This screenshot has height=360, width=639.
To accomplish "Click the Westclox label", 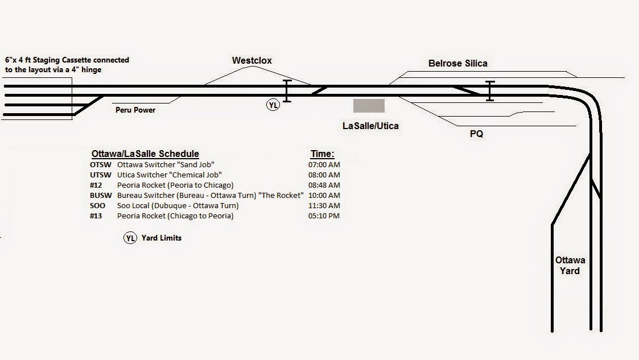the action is pos(252,60).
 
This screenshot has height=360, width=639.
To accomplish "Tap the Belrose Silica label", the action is pos(457,63).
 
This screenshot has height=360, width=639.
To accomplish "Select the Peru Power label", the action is pos(135,110).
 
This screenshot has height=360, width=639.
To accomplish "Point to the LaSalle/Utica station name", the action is pos(370,126).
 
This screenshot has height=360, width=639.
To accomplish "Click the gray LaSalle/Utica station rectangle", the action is pos(369,106).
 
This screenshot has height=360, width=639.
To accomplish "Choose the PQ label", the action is pos(476,135).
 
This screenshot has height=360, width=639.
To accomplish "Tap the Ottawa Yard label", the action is pos(570,266).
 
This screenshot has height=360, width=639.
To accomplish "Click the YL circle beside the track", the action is pos(273,105).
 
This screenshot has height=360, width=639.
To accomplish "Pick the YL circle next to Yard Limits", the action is pos(130,238).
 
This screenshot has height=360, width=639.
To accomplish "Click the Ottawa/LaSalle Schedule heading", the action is pos(145,154).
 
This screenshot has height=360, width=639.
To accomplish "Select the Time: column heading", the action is pos(322,154).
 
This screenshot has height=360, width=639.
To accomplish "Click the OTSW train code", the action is pos(101,165).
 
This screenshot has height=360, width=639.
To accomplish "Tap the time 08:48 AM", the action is pos(324,185).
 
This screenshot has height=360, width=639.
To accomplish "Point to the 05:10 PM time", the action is pos(324,216).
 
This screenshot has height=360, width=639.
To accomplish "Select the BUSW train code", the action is pos(101,196).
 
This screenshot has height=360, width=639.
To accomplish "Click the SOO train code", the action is pos(98,206).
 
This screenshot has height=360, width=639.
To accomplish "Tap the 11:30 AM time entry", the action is pos(324,206).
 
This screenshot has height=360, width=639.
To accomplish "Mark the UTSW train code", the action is pos(101,175).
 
